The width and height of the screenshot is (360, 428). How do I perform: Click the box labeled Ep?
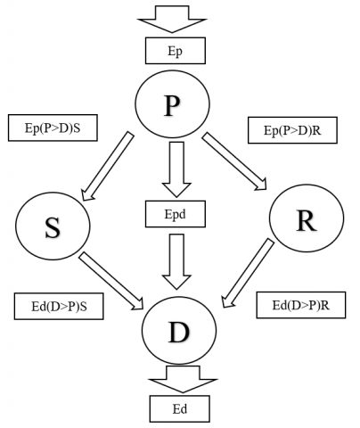pyautogui.click(x=176, y=51)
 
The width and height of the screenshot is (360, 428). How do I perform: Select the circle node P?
pyautogui.click(x=172, y=104)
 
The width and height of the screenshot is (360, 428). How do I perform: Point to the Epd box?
pyautogui.click(x=176, y=214)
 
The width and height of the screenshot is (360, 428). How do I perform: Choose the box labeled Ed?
pyautogui.click(x=180, y=409)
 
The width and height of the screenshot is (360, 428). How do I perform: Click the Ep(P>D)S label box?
pyautogui.click(x=53, y=128)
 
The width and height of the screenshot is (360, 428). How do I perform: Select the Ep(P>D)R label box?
pyautogui.click(x=292, y=130)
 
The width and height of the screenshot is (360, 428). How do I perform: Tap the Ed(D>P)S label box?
pyautogui.click(x=59, y=307)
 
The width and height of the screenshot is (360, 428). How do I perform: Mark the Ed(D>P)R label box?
pyautogui.click(x=301, y=305)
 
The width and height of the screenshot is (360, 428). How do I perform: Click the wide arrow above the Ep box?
pyautogui.click(x=172, y=19)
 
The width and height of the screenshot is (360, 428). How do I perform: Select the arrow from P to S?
pyautogui.click(x=108, y=166)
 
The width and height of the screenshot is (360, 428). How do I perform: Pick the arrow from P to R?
pyautogui.click(x=234, y=161)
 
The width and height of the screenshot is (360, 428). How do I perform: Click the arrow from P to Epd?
pyautogui.click(x=176, y=169)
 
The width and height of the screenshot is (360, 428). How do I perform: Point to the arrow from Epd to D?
pyautogui.click(x=176, y=261)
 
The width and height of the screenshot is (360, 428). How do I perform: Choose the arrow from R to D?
pyautogui.click(x=248, y=273)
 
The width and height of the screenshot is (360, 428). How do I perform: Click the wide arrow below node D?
pyautogui.click(x=183, y=379)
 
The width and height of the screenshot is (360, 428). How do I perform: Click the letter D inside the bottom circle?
pyautogui.click(x=179, y=332)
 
